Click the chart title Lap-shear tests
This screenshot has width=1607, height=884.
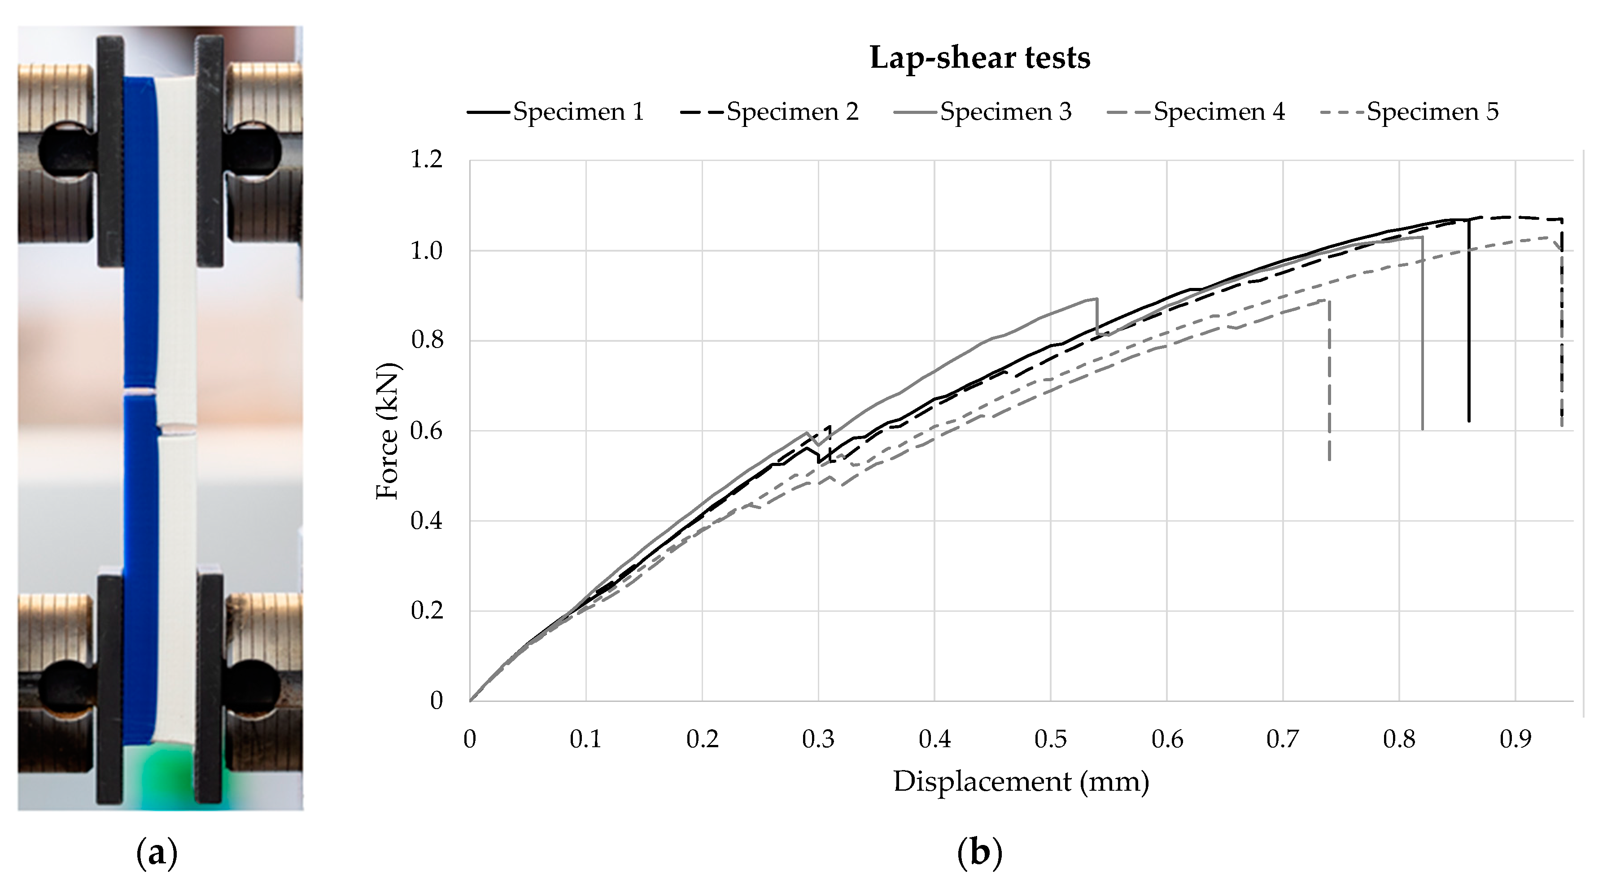[x=979, y=58]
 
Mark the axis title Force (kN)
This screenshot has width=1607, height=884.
[x=388, y=431]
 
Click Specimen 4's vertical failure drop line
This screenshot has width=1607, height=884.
[x=1329, y=380]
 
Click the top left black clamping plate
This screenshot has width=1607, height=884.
[x=110, y=150]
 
